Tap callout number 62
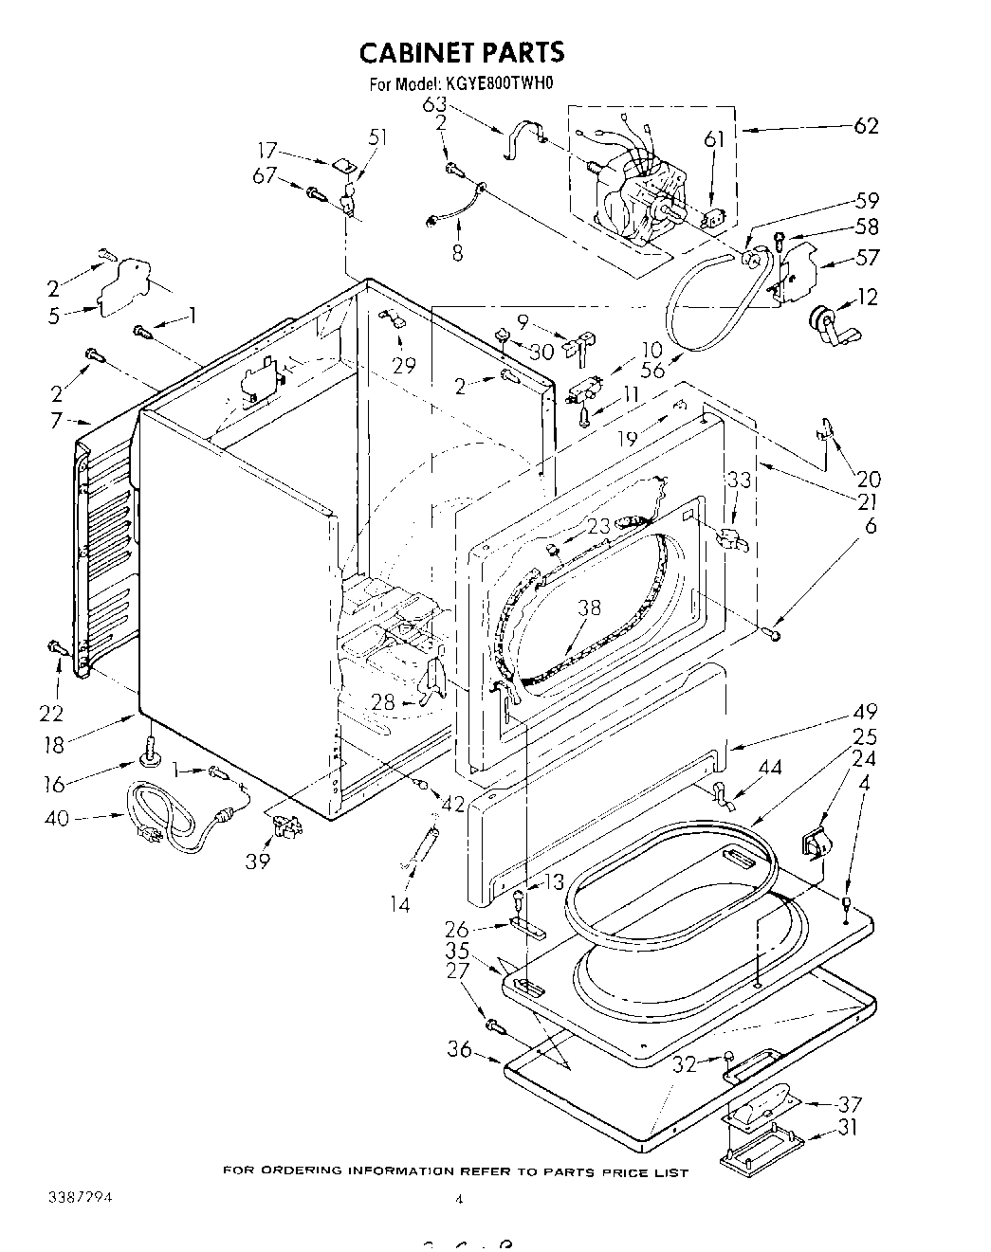tap(866, 126)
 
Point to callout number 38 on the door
tap(589, 608)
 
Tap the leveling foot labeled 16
tap(150, 752)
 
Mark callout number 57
tap(867, 257)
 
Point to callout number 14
tap(400, 904)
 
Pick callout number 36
tap(459, 1048)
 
